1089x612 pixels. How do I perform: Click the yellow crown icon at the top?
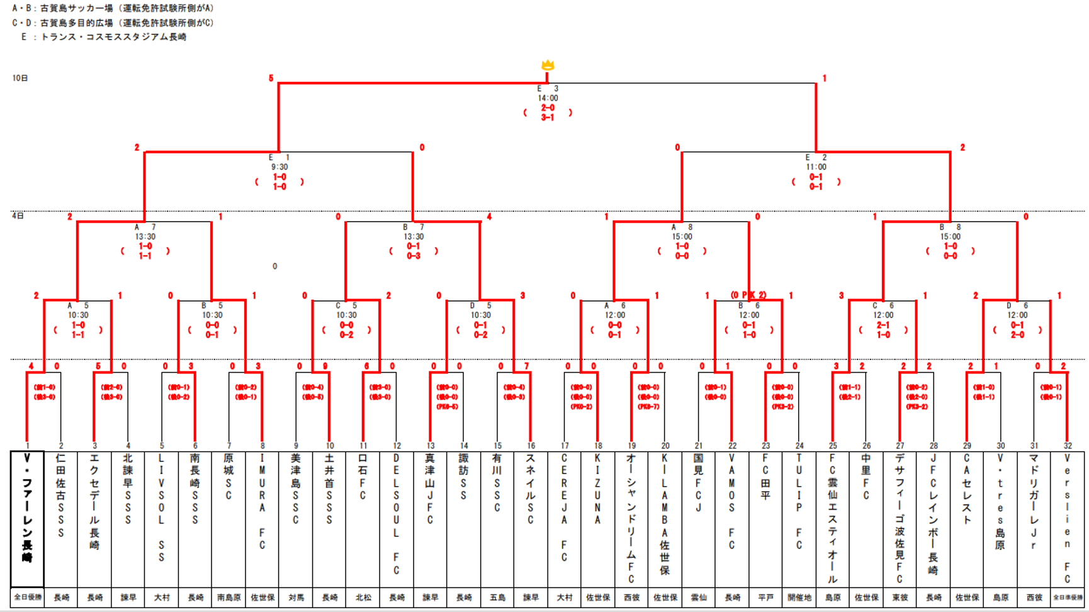[x=548, y=65]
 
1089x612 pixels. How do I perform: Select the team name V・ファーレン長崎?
[x=27, y=507]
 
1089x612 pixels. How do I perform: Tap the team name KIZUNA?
[x=597, y=489]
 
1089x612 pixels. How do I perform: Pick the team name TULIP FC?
[x=799, y=501]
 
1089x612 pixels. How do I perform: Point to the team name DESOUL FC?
[x=396, y=514]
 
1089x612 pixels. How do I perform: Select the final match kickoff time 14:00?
[x=548, y=98]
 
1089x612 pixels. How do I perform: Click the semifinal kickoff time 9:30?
[x=279, y=167]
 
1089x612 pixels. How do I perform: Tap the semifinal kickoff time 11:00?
[x=816, y=167]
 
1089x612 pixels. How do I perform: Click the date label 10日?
[x=20, y=78]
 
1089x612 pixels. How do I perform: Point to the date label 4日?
[x=18, y=216]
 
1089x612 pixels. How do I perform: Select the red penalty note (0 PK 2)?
[x=748, y=295]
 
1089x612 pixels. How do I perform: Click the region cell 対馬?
[x=296, y=598]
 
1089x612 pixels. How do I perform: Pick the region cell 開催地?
[x=799, y=598]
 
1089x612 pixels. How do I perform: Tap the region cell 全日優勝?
[x=27, y=598]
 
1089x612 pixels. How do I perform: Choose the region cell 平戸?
[x=765, y=598]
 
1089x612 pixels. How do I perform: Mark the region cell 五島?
[x=497, y=598]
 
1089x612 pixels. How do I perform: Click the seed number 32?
[x=1068, y=446]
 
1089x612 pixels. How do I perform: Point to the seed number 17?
[x=565, y=446]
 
